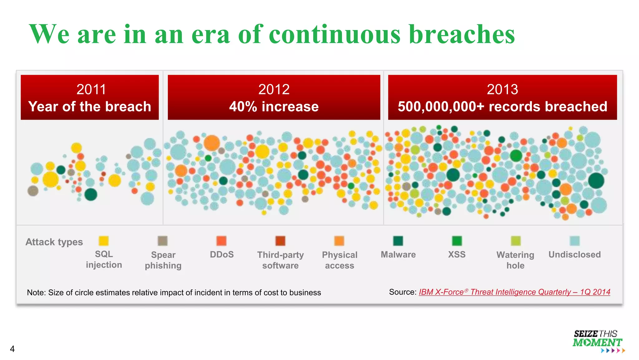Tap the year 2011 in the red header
(91, 89)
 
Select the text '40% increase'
(274, 107)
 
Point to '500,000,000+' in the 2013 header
(441, 107)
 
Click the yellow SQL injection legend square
(104, 241)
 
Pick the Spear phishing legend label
(163, 260)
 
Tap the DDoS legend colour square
(222, 241)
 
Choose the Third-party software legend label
(280, 260)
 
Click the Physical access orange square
(339, 241)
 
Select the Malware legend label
(398, 254)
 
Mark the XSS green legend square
(457, 241)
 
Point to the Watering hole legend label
(515, 260)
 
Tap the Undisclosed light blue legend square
(574, 241)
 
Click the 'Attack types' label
(54, 242)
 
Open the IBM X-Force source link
(514, 292)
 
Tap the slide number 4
(12, 349)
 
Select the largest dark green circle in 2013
(596, 181)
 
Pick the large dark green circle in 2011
(91, 194)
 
